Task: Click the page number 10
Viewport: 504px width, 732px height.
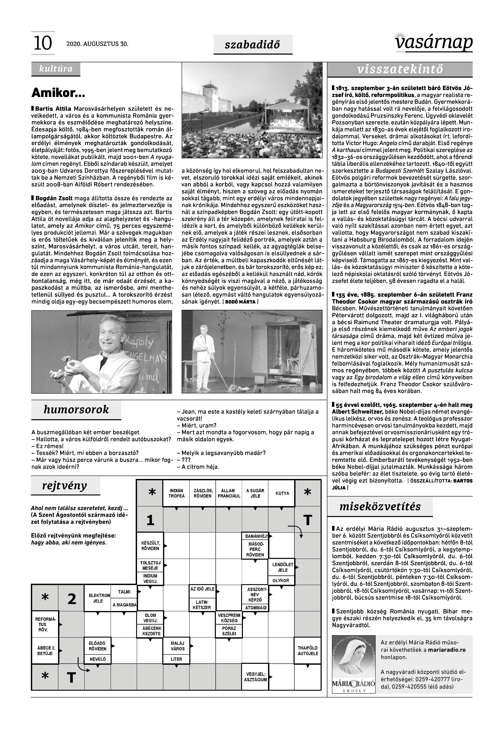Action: pyautogui.click(x=43, y=43)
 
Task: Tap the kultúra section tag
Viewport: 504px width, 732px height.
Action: pyautogui.click(x=56, y=69)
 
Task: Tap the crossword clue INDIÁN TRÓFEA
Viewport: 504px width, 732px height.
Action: pyautogui.click(x=176, y=493)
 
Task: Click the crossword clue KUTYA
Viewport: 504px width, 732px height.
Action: pyautogui.click(x=282, y=493)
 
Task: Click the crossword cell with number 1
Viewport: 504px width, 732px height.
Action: pyautogui.click(x=150, y=520)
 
